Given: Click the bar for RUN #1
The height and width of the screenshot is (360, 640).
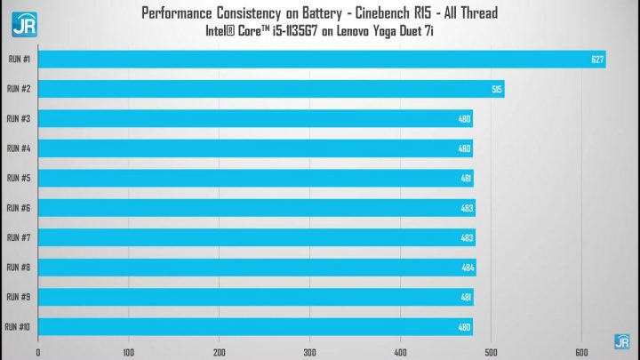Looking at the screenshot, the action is [x=322, y=60].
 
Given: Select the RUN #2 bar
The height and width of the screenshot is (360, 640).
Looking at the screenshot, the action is [x=271, y=89].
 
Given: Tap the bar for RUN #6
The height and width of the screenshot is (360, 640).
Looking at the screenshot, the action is [x=257, y=208].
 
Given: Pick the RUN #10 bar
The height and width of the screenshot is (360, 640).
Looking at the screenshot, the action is [x=255, y=327].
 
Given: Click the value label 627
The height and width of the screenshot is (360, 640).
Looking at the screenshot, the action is [x=597, y=60].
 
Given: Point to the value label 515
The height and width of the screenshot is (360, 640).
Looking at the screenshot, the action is [x=496, y=90].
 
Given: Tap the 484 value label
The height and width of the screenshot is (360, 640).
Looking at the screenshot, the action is [x=468, y=268].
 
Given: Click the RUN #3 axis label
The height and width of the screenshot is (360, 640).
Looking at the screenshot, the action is [x=19, y=119].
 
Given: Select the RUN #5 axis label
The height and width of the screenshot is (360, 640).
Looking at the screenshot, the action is [x=19, y=178].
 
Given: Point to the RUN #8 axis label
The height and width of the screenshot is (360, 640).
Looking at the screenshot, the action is [x=19, y=268].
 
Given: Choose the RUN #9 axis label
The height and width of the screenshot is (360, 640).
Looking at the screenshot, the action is [x=19, y=297].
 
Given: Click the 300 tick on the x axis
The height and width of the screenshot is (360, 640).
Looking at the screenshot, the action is [x=310, y=352].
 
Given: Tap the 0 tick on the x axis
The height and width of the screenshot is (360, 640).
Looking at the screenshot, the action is [x=38, y=352].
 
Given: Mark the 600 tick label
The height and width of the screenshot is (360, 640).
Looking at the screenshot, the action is [x=581, y=352].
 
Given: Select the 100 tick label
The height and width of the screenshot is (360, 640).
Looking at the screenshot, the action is [x=129, y=352].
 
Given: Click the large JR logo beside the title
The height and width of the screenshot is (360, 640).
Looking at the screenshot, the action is [x=25, y=25].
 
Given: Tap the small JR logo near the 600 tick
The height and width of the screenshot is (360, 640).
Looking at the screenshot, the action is [x=622, y=341].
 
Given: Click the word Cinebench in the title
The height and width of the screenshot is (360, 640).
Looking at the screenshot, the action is [x=382, y=13].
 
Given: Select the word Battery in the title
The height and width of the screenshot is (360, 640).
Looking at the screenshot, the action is [x=322, y=13].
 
